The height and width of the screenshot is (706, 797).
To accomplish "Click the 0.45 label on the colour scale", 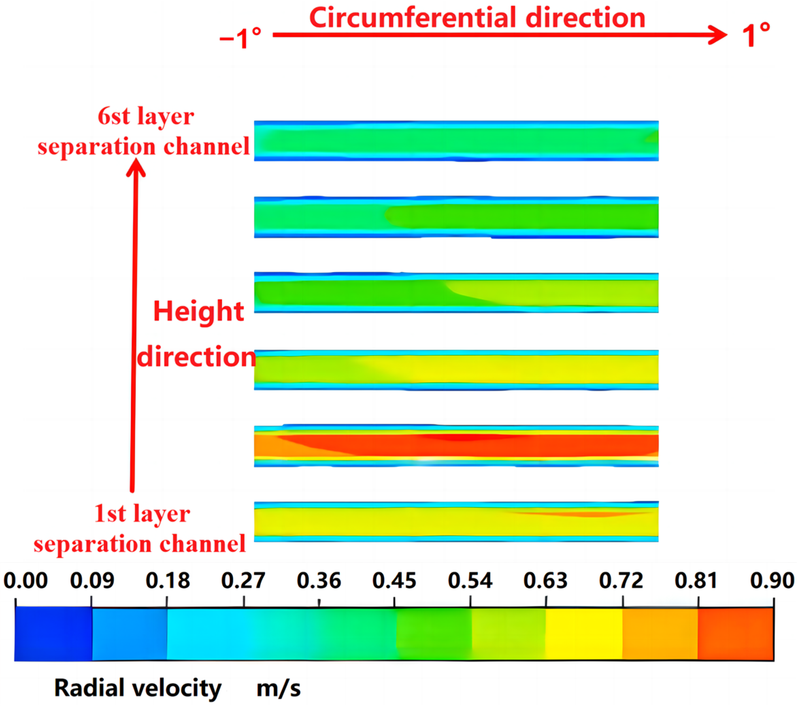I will click(394, 581).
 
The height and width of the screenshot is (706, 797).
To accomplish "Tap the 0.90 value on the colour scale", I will click(772, 581).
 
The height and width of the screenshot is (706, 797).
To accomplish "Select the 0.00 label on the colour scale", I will click(26, 581).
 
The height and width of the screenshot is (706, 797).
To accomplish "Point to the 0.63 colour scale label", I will click(546, 581).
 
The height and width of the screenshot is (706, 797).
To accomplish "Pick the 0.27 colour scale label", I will click(243, 581).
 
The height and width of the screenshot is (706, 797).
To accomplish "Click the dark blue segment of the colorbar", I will click(53, 634).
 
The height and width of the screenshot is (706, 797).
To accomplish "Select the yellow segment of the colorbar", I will click(583, 634).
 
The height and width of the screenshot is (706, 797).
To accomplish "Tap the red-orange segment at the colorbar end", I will click(735, 634).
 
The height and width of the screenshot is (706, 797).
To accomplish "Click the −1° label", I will click(240, 38).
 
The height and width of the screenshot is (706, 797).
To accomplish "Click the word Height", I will click(198, 312).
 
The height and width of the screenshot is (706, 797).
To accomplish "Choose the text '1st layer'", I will click(142, 514).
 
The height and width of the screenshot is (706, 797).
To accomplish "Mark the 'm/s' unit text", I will click(278, 688).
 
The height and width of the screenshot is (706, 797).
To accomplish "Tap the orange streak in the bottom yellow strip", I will click(593, 514).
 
